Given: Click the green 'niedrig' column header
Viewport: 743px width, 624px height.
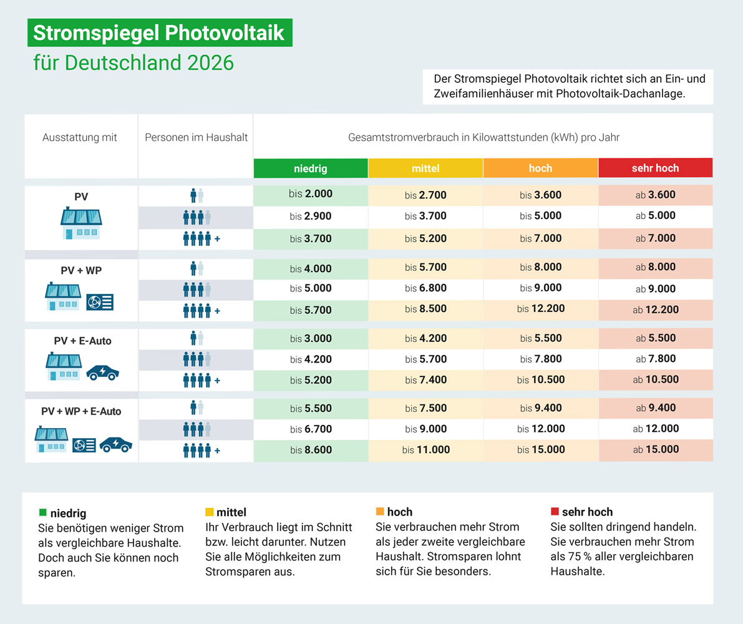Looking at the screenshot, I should coord(311,168).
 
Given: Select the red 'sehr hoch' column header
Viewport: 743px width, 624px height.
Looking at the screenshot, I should coord(655,168).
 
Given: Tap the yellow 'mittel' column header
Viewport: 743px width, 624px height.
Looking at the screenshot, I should coord(425,168).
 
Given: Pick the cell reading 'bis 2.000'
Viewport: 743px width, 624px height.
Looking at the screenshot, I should coord(311,194).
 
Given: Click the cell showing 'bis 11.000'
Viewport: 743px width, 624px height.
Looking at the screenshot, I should coord(425,449).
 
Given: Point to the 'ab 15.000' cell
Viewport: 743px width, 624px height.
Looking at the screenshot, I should coord(655,449).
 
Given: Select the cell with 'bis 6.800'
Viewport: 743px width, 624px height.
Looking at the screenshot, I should coord(425,288).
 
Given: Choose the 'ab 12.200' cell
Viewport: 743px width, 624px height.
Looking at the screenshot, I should coord(655,310).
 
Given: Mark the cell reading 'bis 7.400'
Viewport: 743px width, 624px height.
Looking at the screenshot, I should coord(425,379).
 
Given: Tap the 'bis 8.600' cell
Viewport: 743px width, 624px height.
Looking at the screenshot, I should coord(311,449).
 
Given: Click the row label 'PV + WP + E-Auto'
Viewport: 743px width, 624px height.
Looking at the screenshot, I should coord(81,412).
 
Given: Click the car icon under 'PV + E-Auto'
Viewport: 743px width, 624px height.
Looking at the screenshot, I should coord(102,373).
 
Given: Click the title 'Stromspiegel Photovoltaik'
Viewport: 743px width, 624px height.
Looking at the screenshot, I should coord(159,33).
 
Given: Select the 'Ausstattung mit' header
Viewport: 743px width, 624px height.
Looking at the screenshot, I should coord(80,137).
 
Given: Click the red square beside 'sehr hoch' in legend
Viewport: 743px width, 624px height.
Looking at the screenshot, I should coord(555,512).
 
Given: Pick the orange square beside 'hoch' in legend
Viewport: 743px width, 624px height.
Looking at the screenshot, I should coord(380,512).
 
